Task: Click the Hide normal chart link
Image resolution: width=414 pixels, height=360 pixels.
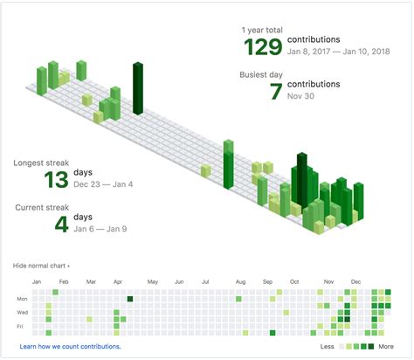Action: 41,265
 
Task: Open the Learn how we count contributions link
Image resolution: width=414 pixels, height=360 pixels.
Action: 70,347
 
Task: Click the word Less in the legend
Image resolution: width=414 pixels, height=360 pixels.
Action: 328,347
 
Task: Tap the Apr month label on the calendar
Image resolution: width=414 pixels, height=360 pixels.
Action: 119,282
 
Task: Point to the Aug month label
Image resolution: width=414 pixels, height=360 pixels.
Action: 240,282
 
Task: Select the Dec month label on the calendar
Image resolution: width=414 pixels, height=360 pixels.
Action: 356,282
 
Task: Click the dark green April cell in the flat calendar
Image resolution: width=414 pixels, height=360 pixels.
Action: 129,299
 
